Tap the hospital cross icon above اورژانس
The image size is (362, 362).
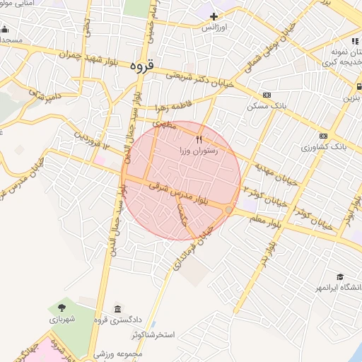[x=214, y=16]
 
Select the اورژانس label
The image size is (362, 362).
[x=214, y=28]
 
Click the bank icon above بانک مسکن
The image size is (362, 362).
[x=267, y=95]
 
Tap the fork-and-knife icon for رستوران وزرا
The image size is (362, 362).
[x=199, y=139]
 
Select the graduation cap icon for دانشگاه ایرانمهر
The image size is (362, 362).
[x=340, y=276]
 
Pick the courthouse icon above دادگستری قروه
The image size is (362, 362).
[x=117, y=308]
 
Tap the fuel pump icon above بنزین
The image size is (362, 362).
[x=358, y=86]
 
